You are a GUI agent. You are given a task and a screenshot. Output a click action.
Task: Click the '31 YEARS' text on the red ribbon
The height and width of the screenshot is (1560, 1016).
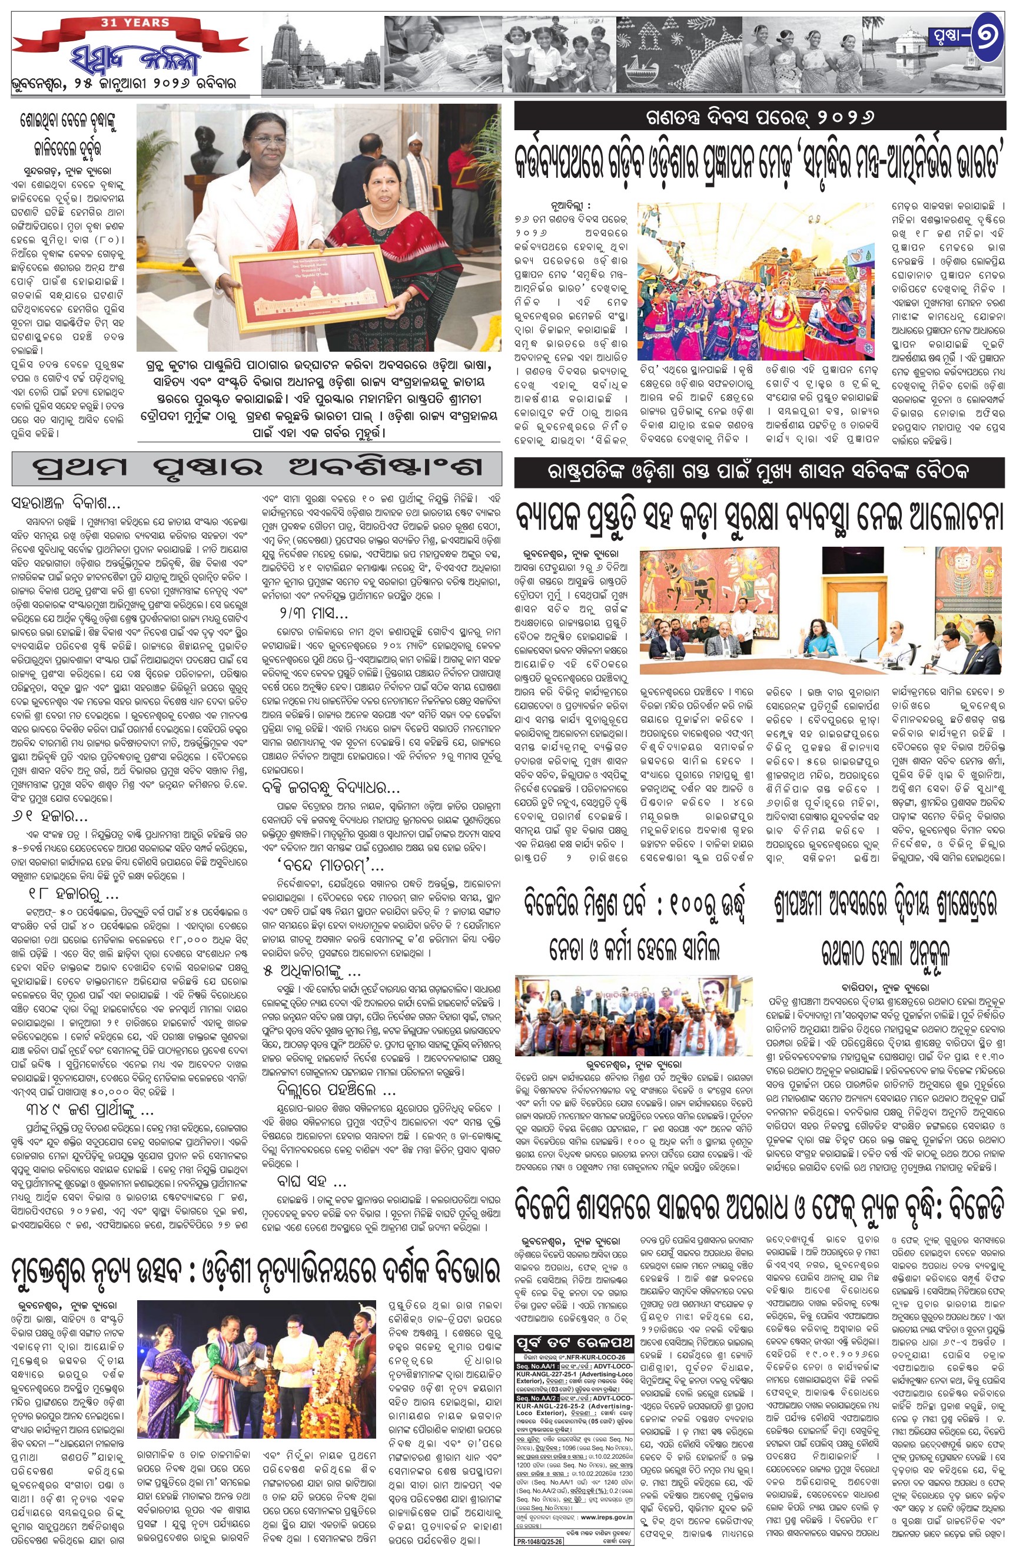pos(135,23)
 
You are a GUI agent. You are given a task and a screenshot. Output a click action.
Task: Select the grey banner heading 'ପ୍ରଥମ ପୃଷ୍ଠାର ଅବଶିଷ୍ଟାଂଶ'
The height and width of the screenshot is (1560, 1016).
pos(257,467)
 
